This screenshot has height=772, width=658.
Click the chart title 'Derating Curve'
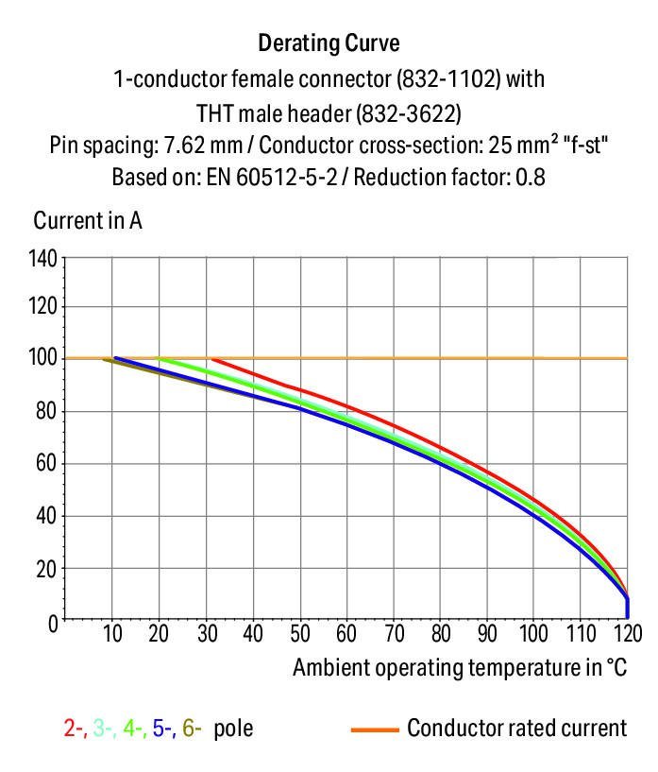(329, 43)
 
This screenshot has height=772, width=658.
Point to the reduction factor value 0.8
(531, 177)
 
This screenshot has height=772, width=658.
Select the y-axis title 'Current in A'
(88, 221)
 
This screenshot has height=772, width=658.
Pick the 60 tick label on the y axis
(47, 464)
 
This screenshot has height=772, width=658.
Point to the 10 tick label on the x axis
(112, 634)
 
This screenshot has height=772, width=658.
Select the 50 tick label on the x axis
(300, 634)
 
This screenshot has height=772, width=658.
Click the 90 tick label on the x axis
(487, 634)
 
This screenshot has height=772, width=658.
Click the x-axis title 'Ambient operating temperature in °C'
(460, 668)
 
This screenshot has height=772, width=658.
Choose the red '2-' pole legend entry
(75, 729)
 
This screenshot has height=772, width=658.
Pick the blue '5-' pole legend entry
(163, 729)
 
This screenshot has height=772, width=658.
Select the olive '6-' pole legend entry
(192, 729)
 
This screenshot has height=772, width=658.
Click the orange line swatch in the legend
(374, 729)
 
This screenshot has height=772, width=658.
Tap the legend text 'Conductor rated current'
(516, 729)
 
